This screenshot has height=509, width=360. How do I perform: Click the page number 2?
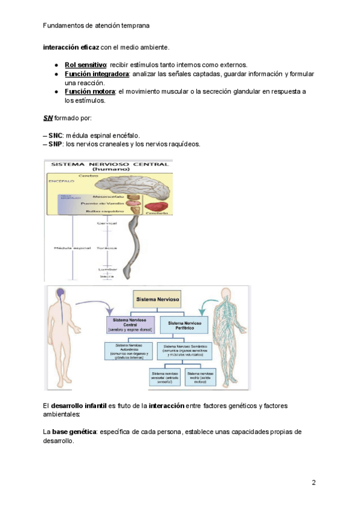pyautogui.click(x=313, y=483)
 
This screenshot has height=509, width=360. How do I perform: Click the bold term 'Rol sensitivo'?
pyautogui.click(x=86, y=65)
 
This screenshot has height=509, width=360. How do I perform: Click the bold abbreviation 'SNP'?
pyautogui.click(x=55, y=144)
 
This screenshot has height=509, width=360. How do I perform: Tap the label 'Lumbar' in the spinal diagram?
pyautogui.click(x=107, y=270)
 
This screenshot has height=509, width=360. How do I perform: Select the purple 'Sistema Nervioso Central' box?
pyautogui.click(x=130, y=324)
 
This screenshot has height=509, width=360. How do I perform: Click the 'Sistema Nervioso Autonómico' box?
pyautogui.click(x=130, y=350)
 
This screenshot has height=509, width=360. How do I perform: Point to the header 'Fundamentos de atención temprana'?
pyautogui.click(x=97, y=26)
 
